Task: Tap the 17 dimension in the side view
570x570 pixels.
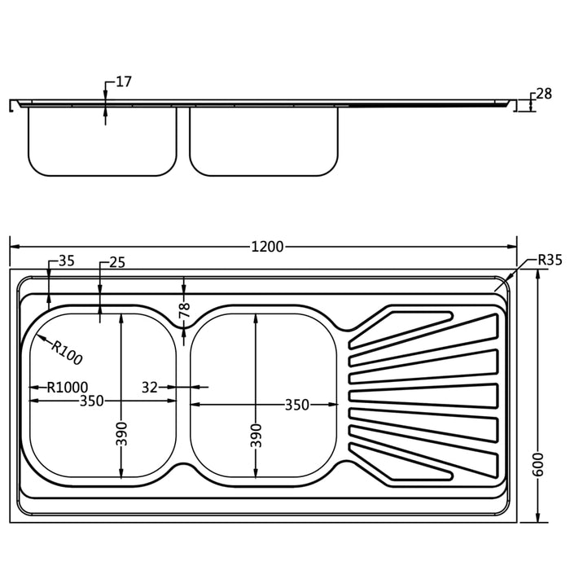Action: point(124,81)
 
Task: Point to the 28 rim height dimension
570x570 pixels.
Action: point(543,94)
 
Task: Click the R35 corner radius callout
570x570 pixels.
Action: point(550,261)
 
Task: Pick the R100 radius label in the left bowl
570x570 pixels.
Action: point(66,351)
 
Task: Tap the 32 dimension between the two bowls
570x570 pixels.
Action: point(151,388)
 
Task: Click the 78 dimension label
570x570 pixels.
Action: point(185,310)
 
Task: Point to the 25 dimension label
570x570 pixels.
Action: point(117,262)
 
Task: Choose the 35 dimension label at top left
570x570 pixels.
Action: point(67,262)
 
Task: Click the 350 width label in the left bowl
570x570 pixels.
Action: point(91,401)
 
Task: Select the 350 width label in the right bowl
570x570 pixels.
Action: point(296,405)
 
